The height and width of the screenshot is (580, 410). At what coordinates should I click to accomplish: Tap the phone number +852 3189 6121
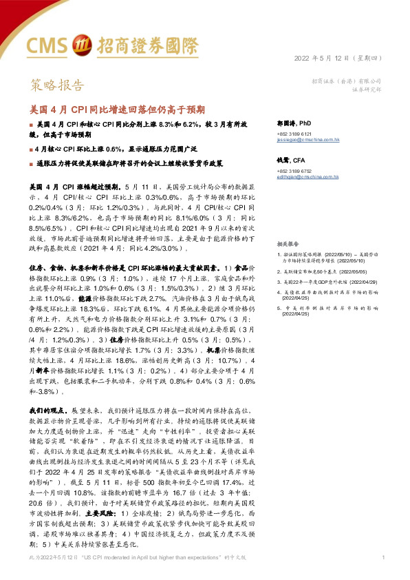pyautogui.click(x=294, y=133)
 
